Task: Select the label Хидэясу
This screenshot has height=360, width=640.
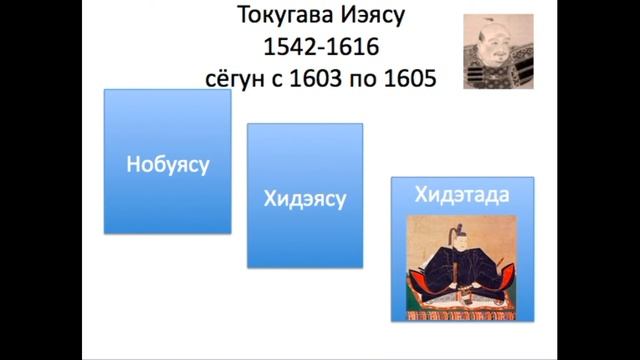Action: pyautogui.click(x=304, y=199)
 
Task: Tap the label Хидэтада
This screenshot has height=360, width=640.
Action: pyautogui.click(x=461, y=194)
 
